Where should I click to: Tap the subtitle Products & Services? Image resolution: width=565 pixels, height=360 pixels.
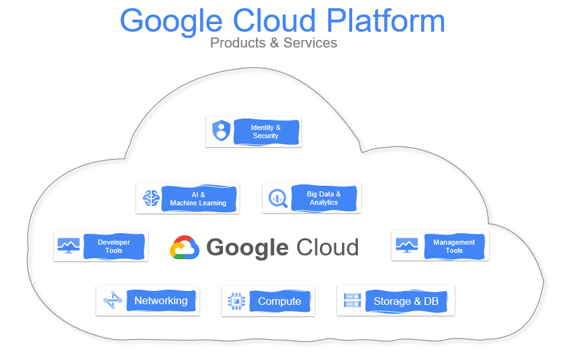tap(274, 43)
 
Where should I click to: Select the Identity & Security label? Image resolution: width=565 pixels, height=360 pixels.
tap(265, 132)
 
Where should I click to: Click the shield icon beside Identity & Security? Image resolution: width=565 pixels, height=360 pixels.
tap(220, 131)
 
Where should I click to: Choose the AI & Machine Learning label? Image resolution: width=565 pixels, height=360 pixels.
tap(198, 199)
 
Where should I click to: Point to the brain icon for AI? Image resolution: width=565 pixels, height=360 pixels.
tap(151, 198)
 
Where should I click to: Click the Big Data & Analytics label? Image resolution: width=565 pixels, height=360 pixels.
tap(324, 198)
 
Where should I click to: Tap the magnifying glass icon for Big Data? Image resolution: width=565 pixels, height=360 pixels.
tap(277, 198)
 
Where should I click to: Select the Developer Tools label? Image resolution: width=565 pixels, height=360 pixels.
tap(114, 247)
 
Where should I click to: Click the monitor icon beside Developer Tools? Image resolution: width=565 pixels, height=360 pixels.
tap(68, 245)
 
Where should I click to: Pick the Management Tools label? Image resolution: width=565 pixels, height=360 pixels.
tap(454, 247)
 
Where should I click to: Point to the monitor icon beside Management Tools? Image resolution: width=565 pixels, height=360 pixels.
tap(406, 245)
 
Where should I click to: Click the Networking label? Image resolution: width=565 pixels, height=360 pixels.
tap(161, 300)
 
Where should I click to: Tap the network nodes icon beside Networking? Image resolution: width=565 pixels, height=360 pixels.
tap(113, 300)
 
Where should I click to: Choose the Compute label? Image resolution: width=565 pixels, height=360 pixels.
tap(279, 301)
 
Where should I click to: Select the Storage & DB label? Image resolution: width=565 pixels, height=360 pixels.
tap(406, 301)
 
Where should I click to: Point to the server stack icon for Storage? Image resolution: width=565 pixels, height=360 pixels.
tap(352, 300)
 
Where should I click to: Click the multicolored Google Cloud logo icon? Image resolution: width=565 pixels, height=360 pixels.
tap(185, 248)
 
